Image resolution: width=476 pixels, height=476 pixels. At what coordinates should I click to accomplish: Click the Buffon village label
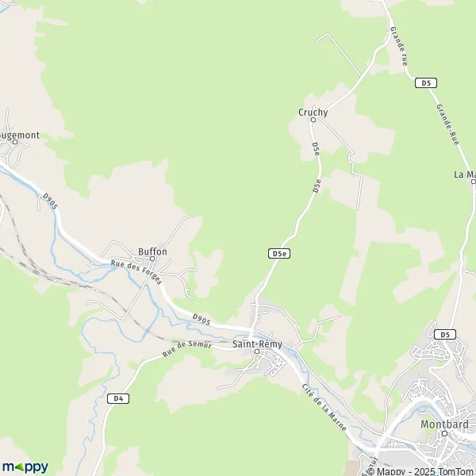(x=152, y=251)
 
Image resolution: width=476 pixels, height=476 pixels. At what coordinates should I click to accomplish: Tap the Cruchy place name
(x=313, y=113)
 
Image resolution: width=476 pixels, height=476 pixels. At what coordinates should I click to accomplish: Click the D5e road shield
(x=278, y=253)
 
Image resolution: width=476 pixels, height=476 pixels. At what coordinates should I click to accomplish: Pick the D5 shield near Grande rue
(x=426, y=83)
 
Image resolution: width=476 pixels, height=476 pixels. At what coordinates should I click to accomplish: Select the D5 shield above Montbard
(x=447, y=334)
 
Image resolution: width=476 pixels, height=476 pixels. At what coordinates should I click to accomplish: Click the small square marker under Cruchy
(x=313, y=121)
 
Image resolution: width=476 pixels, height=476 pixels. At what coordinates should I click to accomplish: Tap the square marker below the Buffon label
(x=152, y=259)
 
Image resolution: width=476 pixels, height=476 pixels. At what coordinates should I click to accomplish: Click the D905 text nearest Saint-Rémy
(x=201, y=319)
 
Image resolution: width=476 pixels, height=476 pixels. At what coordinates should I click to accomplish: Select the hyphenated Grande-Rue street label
(x=447, y=124)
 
